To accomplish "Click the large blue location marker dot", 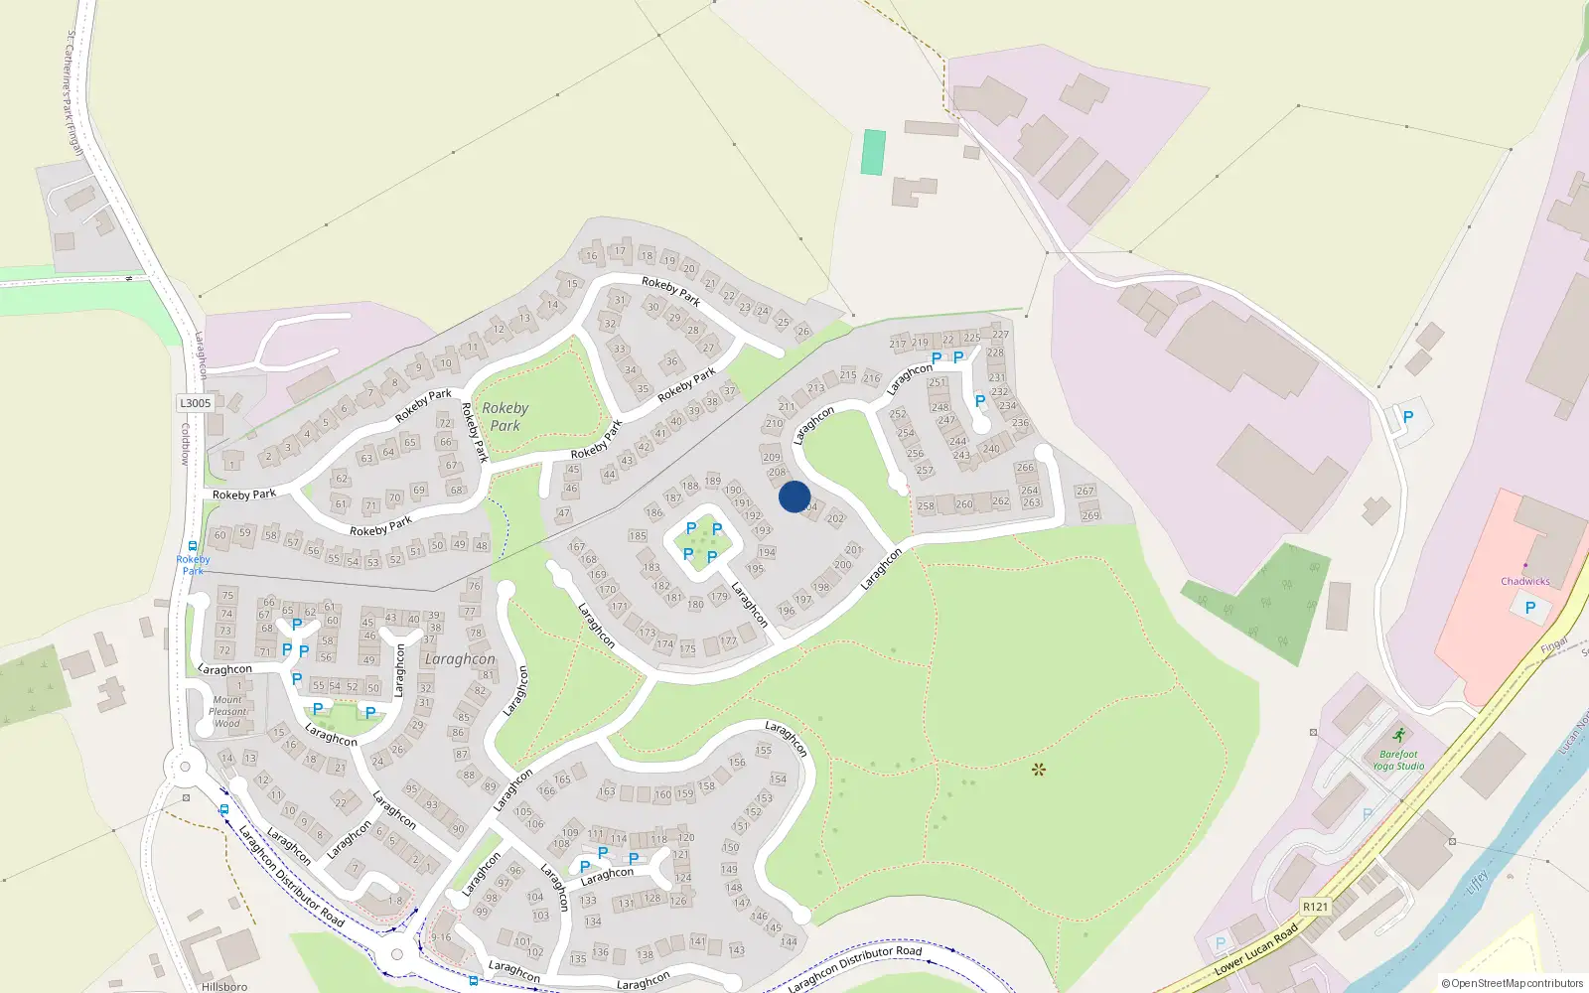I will [x=794, y=496].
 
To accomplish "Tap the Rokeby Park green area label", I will [x=505, y=416].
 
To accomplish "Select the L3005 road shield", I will [x=196, y=403].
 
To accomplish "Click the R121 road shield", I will [x=1315, y=906].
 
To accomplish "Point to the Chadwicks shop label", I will [x=1524, y=582].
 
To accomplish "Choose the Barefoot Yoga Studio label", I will [x=1398, y=760].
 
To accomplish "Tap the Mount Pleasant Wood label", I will [x=227, y=711].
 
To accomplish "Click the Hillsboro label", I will [x=224, y=986].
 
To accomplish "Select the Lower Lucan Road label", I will [x=1256, y=948].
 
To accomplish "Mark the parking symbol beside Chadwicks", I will [x=1529, y=608].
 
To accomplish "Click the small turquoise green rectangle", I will [x=873, y=152].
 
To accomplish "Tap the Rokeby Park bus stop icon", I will [x=193, y=546].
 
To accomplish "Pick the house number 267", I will [x=1084, y=491].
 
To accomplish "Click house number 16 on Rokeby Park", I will [x=592, y=255].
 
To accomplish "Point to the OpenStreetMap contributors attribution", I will [x=1512, y=984].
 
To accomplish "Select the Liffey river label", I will [x=1479, y=881].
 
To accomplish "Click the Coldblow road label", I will [x=185, y=444].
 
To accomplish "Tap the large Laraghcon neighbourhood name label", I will [x=459, y=659].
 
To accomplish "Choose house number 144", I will [x=789, y=941].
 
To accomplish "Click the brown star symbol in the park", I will [x=1039, y=769].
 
